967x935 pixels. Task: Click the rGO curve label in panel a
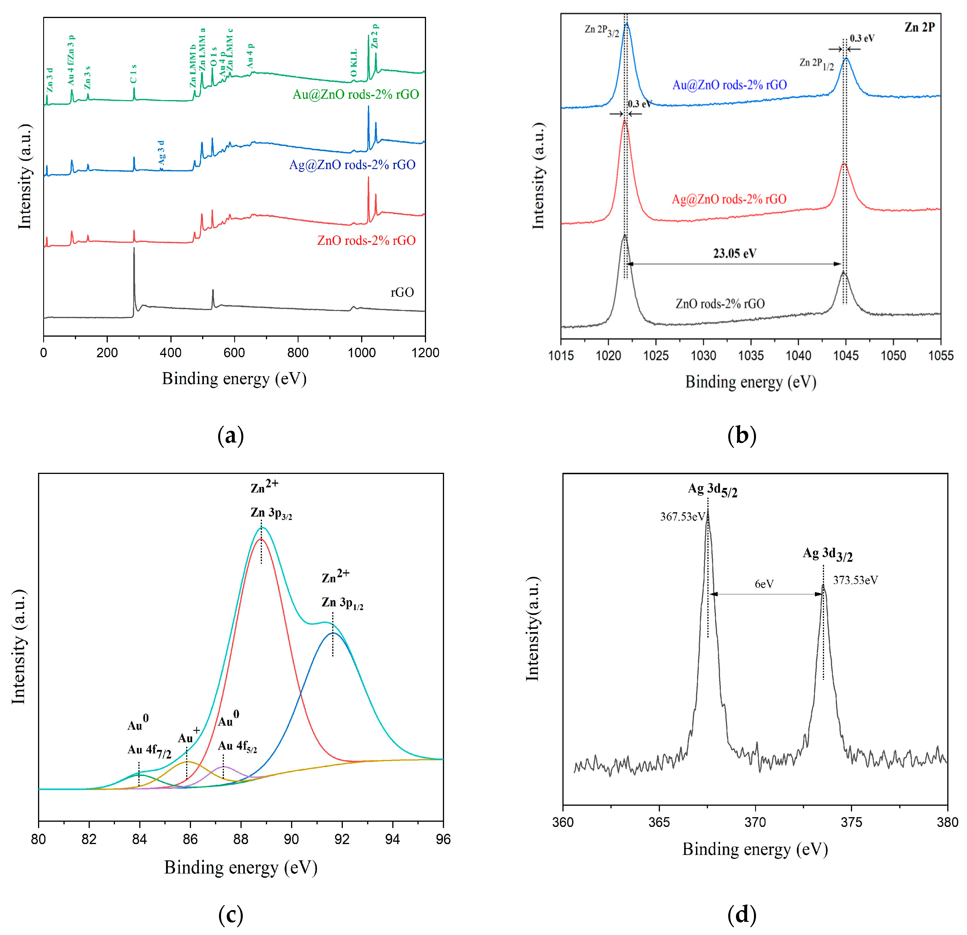(x=402, y=293)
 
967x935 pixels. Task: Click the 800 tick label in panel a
(x=297, y=353)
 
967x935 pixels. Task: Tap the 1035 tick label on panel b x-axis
(x=751, y=355)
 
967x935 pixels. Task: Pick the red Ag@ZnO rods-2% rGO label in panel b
(x=729, y=199)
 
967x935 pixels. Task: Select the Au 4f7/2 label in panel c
(x=150, y=751)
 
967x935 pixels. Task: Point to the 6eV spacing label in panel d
(x=764, y=584)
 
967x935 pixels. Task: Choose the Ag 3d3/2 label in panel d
(x=827, y=554)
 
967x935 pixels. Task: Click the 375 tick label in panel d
(x=851, y=823)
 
